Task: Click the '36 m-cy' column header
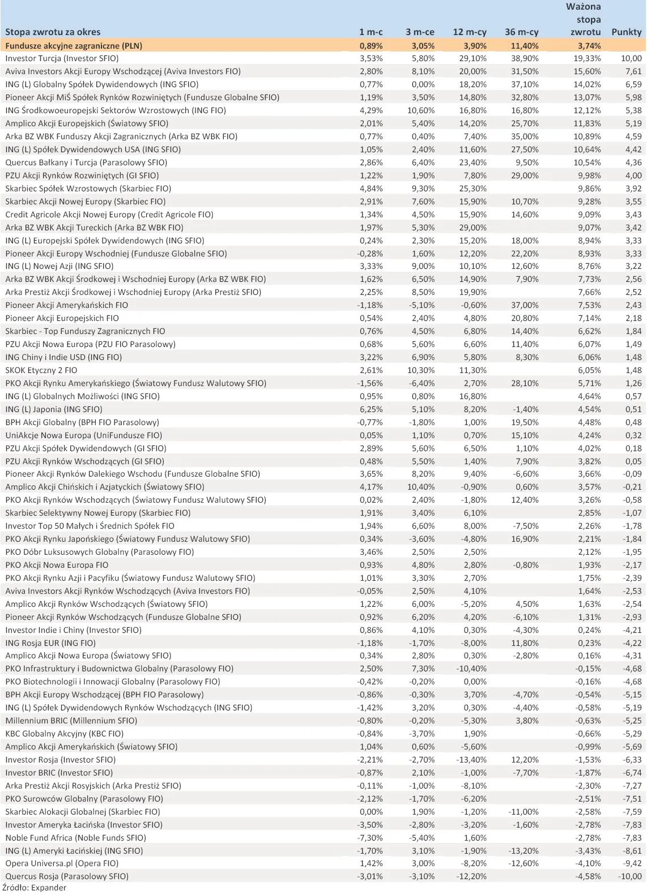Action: click(521, 32)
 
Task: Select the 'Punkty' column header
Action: click(626, 32)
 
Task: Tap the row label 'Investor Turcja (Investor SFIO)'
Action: click(62, 58)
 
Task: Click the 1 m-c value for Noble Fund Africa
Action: click(371, 838)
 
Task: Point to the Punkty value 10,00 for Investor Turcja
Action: click(631, 58)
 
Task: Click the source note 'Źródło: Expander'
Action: click(35, 888)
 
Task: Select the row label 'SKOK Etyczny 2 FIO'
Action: click(41, 370)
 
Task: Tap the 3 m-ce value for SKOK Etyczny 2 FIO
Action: click(421, 370)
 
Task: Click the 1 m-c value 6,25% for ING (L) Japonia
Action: click(371, 409)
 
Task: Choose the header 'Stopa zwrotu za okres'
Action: click(53, 32)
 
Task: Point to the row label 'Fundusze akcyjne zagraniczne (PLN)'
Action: click(74, 46)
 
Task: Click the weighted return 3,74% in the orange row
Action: click(589, 46)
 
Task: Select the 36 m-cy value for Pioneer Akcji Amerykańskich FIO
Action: click(525, 305)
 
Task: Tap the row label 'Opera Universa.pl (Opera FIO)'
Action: click(62, 863)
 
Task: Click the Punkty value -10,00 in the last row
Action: click(629, 876)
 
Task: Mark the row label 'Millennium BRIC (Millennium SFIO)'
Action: click(71, 721)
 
